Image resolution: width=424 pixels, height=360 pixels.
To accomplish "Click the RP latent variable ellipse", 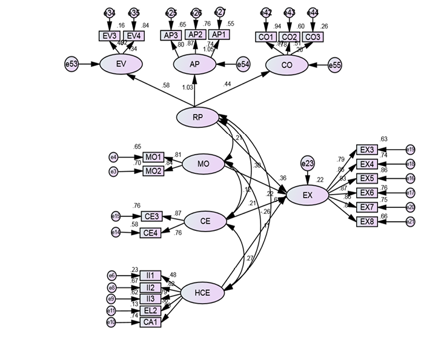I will click(x=197, y=118).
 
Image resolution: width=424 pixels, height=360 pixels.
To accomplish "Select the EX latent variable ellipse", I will click(x=307, y=195).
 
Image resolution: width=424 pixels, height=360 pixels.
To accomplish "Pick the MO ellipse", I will click(x=203, y=164).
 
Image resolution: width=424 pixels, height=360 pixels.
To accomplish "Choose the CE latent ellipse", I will click(x=205, y=222).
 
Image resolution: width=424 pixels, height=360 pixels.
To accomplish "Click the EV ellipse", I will click(x=121, y=64).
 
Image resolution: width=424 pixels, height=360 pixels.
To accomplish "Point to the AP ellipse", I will click(x=195, y=64).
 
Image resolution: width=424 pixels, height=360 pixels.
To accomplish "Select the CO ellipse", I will click(x=287, y=65).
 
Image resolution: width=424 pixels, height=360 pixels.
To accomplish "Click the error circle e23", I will click(x=308, y=163).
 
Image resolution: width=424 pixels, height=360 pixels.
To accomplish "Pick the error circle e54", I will click(x=243, y=64).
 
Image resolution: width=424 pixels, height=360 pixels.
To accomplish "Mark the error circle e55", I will click(x=335, y=65).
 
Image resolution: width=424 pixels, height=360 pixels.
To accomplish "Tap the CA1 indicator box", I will click(x=150, y=322).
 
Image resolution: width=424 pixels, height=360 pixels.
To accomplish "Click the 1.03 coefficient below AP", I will click(x=187, y=87).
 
